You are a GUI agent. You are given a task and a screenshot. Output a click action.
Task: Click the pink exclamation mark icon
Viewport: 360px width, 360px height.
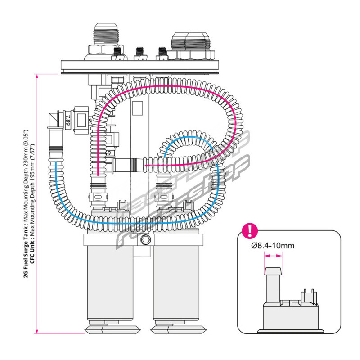pos(250,230)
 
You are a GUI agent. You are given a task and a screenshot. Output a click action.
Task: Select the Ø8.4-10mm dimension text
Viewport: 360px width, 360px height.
pos(273,246)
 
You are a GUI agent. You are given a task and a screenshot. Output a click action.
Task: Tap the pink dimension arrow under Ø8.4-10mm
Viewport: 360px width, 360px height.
pos(273,256)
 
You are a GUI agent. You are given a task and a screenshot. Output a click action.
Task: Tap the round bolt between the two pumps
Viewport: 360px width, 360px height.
pos(145,240)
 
